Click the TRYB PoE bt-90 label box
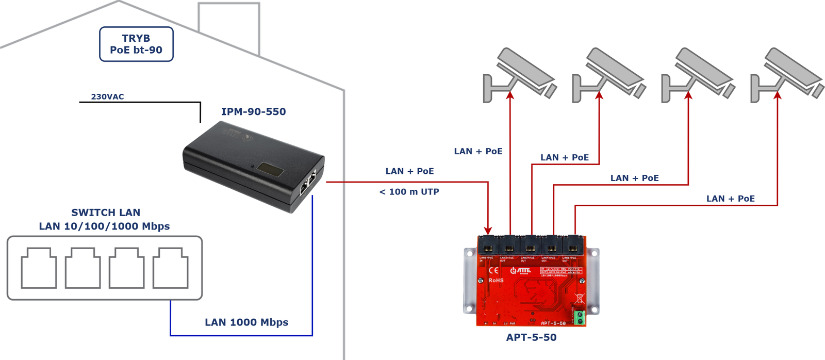(136, 44)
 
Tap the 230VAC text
(107, 96)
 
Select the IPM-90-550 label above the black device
(253, 111)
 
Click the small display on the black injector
(270, 169)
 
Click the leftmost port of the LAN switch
(39, 268)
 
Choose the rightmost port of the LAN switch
(170, 268)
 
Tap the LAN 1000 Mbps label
(246, 322)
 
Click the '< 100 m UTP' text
(409, 192)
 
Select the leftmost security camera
(518, 75)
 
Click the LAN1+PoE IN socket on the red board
(488, 245)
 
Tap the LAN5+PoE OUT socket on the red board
(573, 245)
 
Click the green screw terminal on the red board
(579, 317)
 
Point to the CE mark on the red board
(493, 270)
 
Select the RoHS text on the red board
(496, 281)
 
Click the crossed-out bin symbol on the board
(580, 298)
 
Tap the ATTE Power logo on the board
(520, 270)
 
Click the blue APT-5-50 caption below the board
(531, 337)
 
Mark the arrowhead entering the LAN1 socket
(488, 231)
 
